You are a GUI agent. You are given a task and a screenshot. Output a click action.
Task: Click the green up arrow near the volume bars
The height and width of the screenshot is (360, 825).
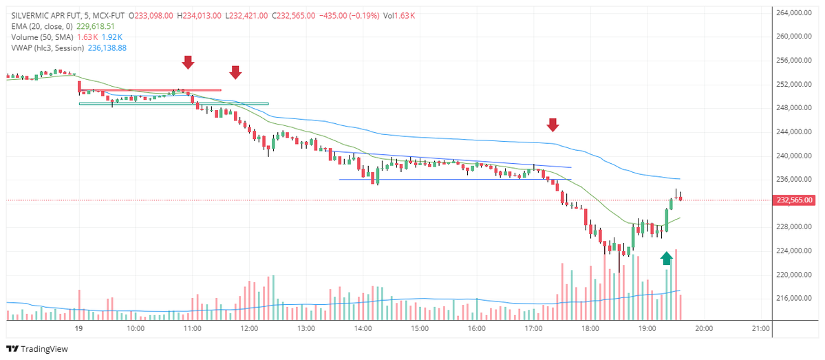[x=666, y=258]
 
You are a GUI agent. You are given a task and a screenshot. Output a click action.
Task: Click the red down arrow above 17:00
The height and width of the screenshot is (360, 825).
[x=553, y=125]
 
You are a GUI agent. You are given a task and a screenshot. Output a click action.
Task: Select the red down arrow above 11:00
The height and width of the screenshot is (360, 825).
[x=188, y=63]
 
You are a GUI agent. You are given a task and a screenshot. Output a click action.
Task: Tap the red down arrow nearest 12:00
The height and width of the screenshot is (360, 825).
[x=235, y=72]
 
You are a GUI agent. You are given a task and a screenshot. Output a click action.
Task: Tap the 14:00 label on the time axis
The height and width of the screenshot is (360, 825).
[x=363, y=329]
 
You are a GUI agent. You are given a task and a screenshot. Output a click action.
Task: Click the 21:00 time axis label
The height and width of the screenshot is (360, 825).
[x=760, y=329]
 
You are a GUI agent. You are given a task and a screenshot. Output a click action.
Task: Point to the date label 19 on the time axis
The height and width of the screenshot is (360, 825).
[x=78, y=329]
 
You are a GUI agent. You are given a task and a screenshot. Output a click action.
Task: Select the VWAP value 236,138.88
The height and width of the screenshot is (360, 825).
[x=107, y=48]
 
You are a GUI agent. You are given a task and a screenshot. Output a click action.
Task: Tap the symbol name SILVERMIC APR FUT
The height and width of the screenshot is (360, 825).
[x=46, y=14]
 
